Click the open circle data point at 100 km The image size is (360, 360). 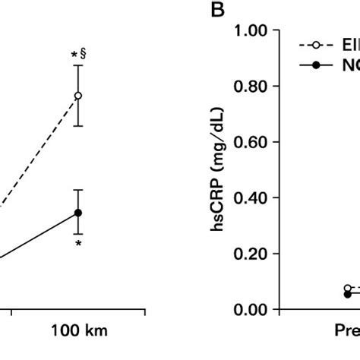click(78, 96)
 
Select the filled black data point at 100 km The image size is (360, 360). click(78, 213)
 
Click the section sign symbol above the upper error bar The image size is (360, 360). click(84, 55)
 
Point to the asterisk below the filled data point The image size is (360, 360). click(78, 245)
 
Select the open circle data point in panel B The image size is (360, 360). click(348, 289)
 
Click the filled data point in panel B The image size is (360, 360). click(348, 294)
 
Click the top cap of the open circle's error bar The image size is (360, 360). click(78, 65)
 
